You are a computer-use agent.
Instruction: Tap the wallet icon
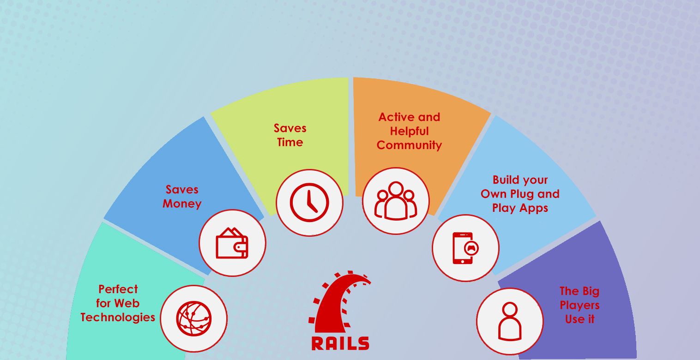(232, 243)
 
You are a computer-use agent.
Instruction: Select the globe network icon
(194, 318)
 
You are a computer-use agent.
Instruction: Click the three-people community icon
(396, 201)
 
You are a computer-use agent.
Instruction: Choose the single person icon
(510, 321)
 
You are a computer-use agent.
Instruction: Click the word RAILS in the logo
(340, 343)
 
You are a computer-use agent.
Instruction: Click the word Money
(182, 204)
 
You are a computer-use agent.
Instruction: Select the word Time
(290, 142)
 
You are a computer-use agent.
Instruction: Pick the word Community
(409, 145)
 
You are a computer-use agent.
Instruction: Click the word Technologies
(118, 318)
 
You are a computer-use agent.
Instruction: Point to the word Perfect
(118, 289)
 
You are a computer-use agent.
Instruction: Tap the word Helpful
(409, 131)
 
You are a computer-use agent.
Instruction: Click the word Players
(579, 305)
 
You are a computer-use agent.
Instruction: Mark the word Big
(590, 291)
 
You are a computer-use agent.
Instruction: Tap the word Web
(127, 303)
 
